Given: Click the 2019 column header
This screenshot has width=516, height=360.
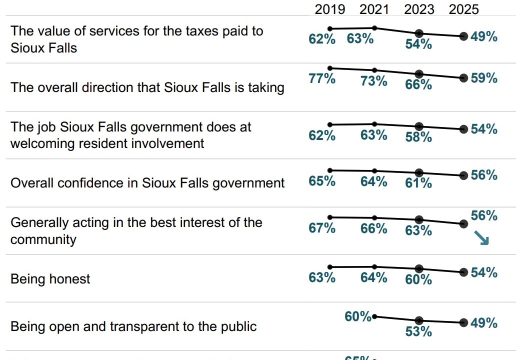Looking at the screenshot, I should tap(330, 9).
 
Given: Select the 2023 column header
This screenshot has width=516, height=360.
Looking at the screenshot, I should tap(419, 9).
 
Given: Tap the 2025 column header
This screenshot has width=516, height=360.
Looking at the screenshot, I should tap(463, 9).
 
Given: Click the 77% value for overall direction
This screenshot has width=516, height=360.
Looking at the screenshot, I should tap(322, 78).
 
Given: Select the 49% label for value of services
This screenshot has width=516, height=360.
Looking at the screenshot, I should tap(484, 36).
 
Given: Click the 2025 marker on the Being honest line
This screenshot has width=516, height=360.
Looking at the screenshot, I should tap(463, 272).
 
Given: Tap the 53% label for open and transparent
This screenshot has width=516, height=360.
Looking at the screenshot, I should tap(418, 331).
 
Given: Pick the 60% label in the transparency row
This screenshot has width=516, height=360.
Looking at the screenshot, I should tap(358, 316).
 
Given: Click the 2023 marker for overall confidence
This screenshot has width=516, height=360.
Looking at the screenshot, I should tap(419, 172).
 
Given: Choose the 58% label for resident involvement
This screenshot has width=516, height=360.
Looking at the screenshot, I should tap(418, 136).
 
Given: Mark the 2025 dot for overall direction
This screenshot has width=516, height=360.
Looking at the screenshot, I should tap(463, 78).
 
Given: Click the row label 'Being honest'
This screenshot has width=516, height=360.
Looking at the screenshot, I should tap(50, 278).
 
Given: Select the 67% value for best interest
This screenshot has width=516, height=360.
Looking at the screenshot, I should tap(322, 228).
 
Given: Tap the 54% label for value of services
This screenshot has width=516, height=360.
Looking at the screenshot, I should tap(418, 43).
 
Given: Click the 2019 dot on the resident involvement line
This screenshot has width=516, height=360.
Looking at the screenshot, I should tap(330, 124).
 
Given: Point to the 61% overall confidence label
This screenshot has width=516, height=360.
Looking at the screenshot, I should tap(418, 183).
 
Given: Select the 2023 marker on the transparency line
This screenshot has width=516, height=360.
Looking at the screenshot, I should tap(419, 320).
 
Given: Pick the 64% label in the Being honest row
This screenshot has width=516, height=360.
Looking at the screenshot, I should tap(374, 277).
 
